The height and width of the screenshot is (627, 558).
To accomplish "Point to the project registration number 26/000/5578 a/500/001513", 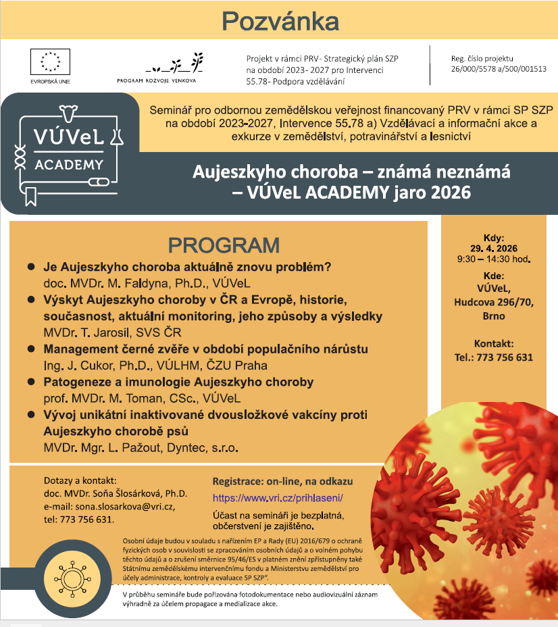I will (499, 69).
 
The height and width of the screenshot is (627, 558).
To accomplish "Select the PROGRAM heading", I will (224, 245).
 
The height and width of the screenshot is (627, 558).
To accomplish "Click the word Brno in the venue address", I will (494, 316).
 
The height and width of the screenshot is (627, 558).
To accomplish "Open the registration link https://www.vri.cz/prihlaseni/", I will (278, 498).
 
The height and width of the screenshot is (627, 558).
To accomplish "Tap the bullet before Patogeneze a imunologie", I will (30, 382).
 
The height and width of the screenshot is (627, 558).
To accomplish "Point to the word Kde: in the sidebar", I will (494, 276).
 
